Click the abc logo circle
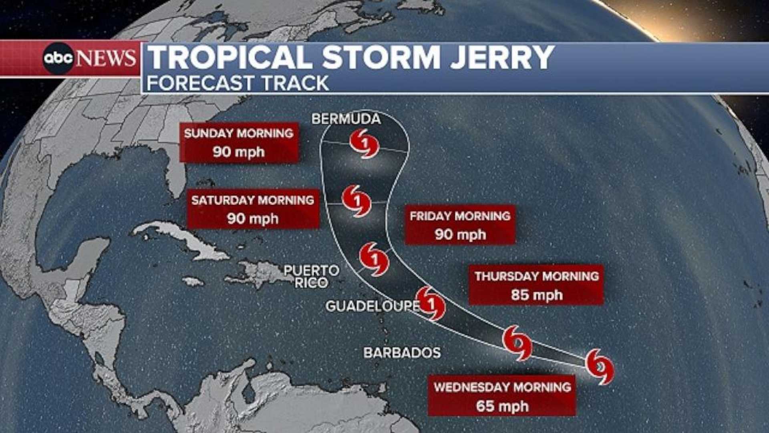(58, 59)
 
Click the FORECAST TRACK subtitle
(238, 83)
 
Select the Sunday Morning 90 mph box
(239, 142)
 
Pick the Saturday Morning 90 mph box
(253, 209)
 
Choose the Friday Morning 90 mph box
(460, 225)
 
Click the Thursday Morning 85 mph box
(536, 285)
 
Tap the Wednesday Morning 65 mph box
(502, 396)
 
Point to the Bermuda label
(346, 119)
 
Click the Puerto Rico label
(312, 276)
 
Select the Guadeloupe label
(372, 306)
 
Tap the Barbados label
(402, 353)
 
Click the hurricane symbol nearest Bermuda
(364, 144)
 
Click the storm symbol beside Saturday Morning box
(356, 201)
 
